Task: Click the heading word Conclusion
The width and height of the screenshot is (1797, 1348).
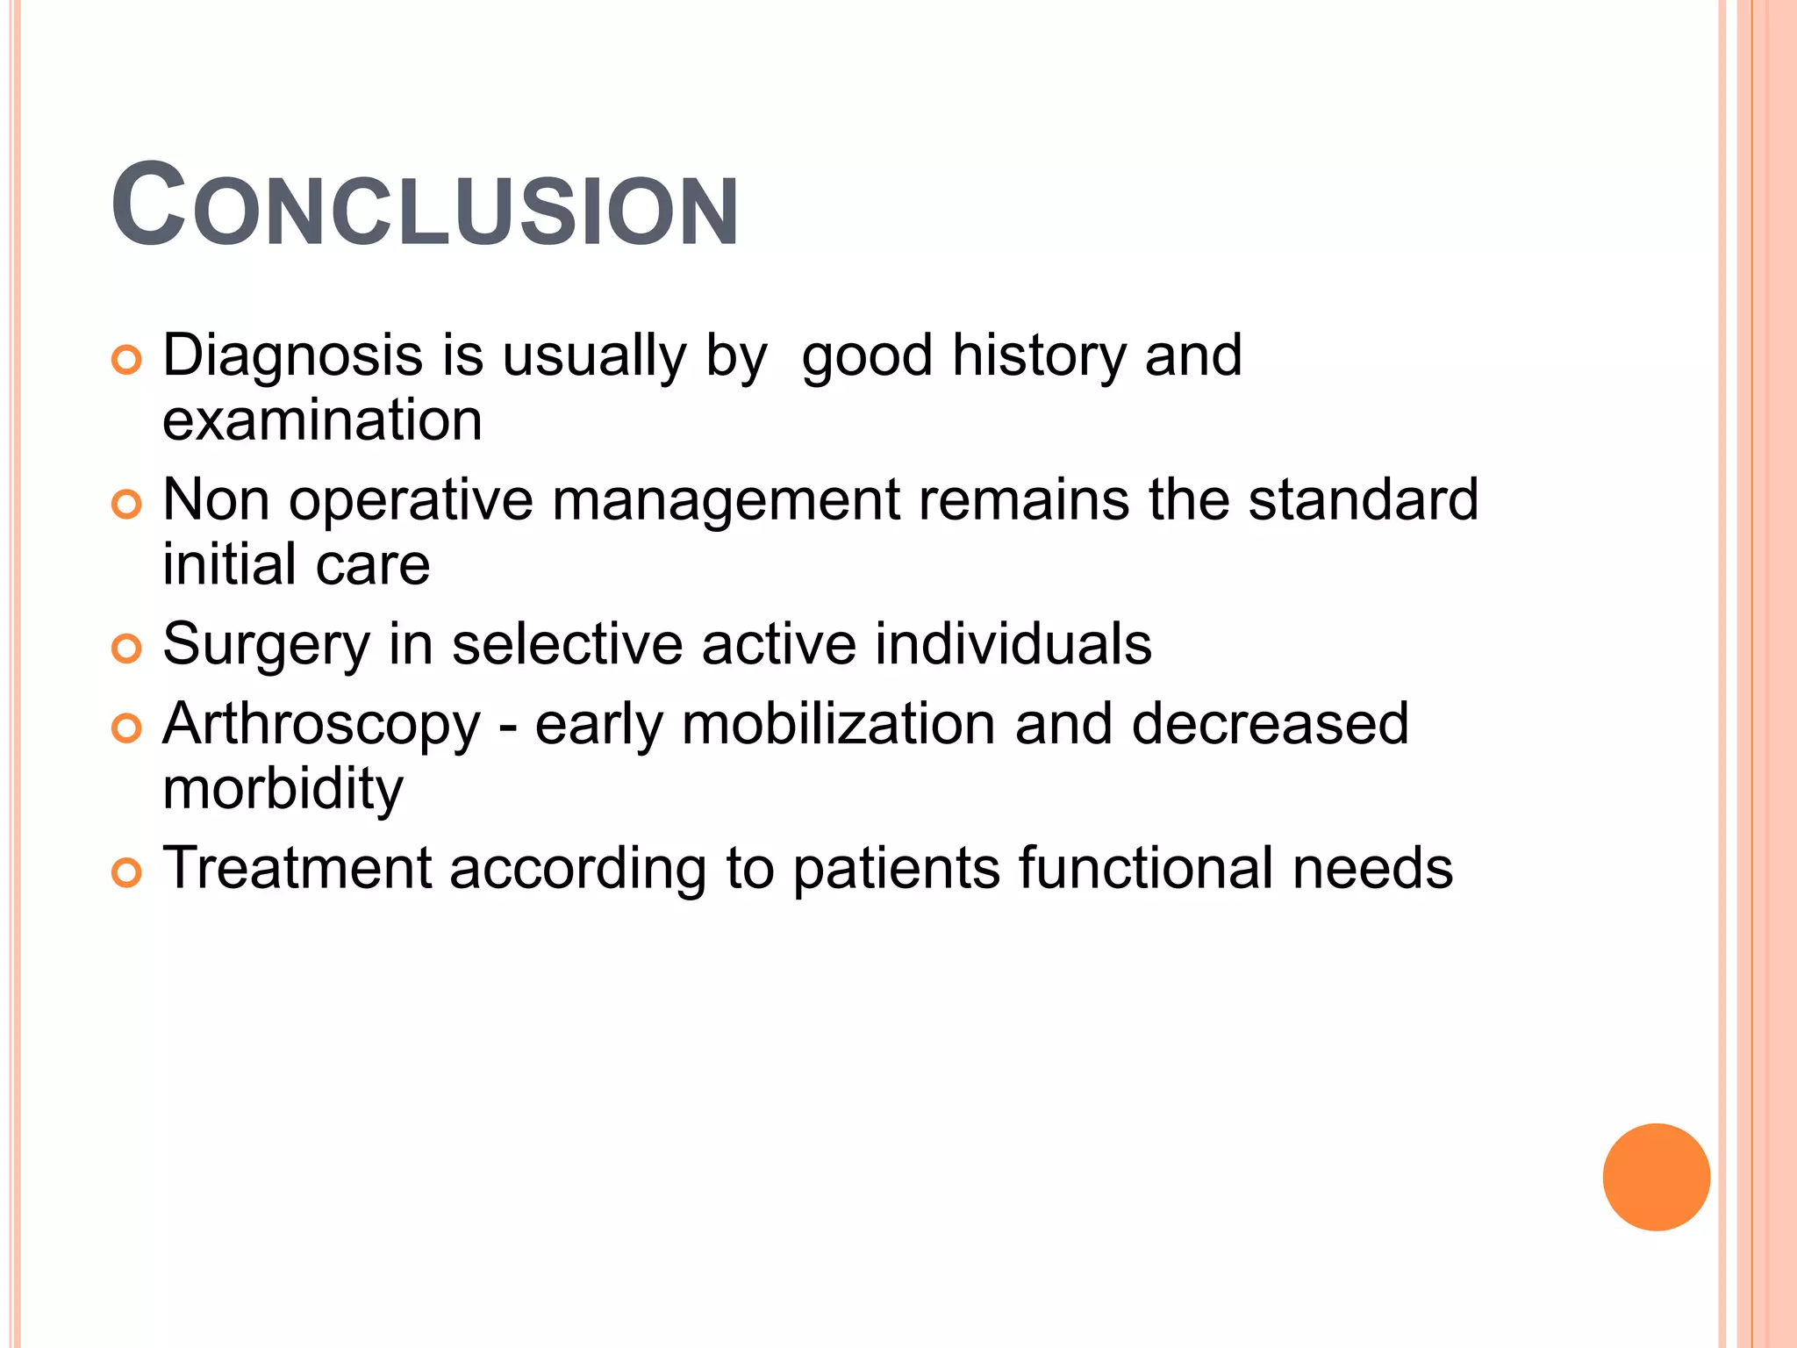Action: [x=425, y=207]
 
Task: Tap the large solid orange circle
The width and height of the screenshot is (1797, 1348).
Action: [x=1656, y=1177]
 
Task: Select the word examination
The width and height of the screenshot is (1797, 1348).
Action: [x=322, y=420]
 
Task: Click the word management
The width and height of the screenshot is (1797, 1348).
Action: [x=726, y=500]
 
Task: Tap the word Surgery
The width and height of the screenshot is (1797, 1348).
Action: [x=267, y=645]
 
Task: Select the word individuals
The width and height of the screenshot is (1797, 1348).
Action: [x=1013, y=645]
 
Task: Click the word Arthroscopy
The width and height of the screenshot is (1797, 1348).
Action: [x=321, y=726]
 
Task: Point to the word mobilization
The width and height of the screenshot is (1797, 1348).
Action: [x=838, y=726]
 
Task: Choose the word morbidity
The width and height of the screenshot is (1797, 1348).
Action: [x=283, y=789]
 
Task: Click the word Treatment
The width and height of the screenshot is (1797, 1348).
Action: [x=297, y=869]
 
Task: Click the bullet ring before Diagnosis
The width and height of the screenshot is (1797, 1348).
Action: [x=127, y=361]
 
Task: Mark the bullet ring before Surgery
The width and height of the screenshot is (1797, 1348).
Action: [x=127, y=649]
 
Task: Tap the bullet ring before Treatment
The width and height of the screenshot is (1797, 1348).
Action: [x=127, y=873]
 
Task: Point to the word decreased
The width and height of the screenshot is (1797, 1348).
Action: [x=1270, y=726]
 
